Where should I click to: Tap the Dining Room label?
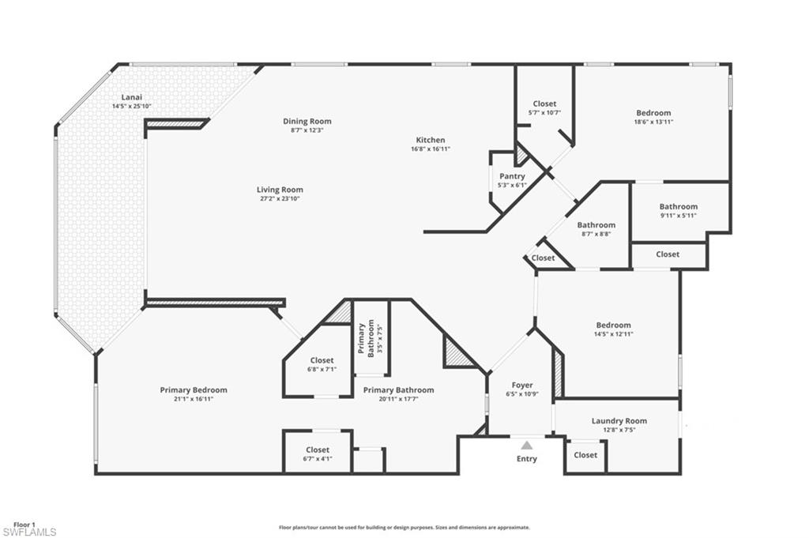[x=307, y=121]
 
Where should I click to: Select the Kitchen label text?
[x=431, y=140]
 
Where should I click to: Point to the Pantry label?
[x=513, y=176]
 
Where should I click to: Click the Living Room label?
[x=280, y=190]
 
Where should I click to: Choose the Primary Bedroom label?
[x=194, y=389]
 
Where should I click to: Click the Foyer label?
[x=522, y=386]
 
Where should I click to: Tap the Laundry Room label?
[x=619, y=421]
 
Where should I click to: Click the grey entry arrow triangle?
[x=527, y=446]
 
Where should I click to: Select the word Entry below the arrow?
[x=527, y=459]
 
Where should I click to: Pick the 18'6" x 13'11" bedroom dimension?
[x=653, y=122]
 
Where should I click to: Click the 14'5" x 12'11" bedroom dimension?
[x=614, y=334]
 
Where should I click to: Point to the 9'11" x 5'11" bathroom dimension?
[x=679, y=215]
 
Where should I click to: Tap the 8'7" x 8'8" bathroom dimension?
[x=596, y=234]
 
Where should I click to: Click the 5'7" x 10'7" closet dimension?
[x=544, y=112]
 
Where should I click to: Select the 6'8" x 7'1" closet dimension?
[x=322, y=369]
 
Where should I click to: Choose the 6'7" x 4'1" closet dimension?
[x=318, y=458]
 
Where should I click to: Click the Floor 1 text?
[x=24, y=525]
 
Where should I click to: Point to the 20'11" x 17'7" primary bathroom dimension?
[x=398, y=399]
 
